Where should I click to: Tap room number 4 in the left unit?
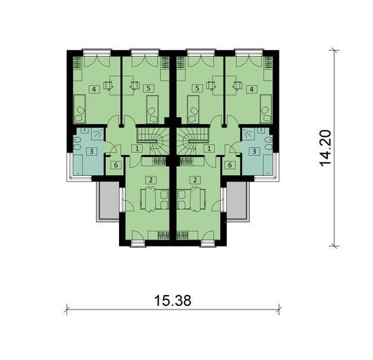[x=93, y=89]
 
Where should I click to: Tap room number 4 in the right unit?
[x=252, y=89]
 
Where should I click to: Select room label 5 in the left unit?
[x=148, y=89]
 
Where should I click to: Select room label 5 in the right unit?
[x=197, y=89]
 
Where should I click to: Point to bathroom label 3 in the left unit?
[x=90, y=152]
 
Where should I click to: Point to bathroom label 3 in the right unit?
[x=255, y=152]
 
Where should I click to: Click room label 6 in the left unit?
[x=115, y=165]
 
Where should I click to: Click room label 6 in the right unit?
[x=230, y=165]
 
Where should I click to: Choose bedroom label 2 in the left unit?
[x=148, y=180]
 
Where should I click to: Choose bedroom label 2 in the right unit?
[x=197, y=180]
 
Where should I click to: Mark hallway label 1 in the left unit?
[x=137, y=147]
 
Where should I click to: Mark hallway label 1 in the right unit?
[x=208, y=147]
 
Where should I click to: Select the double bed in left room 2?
[x=154, y=199]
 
